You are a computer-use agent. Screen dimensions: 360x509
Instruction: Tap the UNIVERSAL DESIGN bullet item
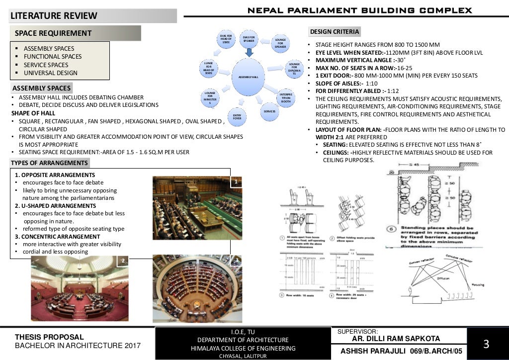51,73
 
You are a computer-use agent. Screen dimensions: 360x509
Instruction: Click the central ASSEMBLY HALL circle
249,77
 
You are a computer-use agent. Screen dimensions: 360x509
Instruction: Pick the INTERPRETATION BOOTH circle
286,97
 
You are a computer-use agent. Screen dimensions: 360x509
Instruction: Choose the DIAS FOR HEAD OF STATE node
226,40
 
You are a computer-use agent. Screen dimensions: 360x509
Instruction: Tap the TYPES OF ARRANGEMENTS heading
49,163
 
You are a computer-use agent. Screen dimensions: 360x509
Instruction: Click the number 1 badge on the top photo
237,182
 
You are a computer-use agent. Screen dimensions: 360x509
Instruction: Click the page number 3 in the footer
486,344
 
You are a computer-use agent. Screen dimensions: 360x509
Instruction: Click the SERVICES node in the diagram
270,111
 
